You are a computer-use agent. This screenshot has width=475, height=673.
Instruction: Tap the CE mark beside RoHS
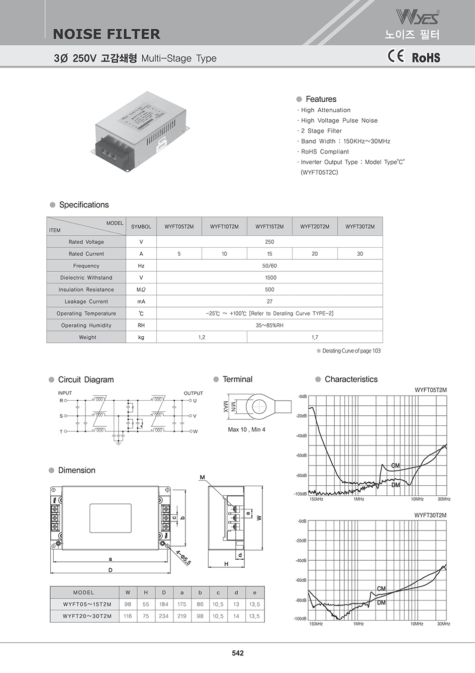tap(396, 56)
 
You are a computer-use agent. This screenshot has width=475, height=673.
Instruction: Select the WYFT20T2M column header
tap(315, 227)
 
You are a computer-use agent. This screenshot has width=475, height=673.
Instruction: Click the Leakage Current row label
tap(86, 302)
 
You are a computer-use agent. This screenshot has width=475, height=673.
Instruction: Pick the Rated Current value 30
tap(360, 254)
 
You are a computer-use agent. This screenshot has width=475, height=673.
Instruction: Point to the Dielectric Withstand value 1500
tap(270, 277)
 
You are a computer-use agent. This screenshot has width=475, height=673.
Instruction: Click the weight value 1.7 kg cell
tap(315, 337)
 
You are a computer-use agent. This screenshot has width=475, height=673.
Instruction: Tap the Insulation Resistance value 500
tap(270, 289)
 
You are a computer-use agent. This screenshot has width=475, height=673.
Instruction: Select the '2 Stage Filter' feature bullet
tap(321, 131)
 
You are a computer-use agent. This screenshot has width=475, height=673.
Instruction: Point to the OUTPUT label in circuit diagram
tap(193, 393)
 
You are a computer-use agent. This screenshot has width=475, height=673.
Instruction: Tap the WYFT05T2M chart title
tap(430, 390)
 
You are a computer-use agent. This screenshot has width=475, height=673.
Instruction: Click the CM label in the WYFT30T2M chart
tap(382, 588)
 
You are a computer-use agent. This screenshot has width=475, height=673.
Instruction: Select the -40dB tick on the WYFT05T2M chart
tap(301, 435)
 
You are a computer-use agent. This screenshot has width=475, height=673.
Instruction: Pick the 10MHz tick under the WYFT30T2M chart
tap(417, 624)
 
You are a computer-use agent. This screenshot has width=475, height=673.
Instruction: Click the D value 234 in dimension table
tap(164, 616)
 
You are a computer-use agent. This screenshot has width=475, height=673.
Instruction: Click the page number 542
tap(238, 653)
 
